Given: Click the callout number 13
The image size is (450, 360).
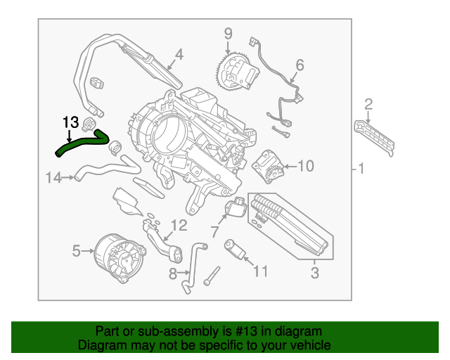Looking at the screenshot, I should [70, 122].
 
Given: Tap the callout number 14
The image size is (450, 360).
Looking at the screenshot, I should [54, 177].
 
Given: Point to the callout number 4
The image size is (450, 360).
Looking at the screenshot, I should [179, 53].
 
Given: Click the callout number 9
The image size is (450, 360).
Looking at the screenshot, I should [228, 32].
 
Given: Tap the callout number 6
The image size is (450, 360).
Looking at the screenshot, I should [300, 65].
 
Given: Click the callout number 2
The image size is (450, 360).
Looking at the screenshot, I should [368, 105].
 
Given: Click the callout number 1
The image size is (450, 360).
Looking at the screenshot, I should [360, 169].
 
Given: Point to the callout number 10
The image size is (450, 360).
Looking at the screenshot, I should [305, 166].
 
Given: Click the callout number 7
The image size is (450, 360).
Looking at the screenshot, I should [214, 231].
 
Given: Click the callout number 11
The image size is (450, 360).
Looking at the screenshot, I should [260, 270].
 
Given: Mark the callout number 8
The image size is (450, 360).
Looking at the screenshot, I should [173, 273].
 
